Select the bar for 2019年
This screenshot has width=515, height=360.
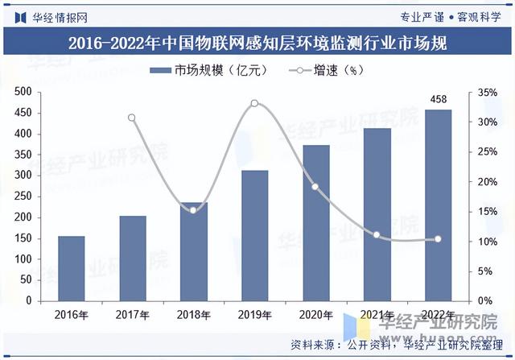pyautogui.click(x=254, y=235)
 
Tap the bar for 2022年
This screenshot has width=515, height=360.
pyautogui.click(x=438, y=205)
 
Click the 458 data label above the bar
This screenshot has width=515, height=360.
pyautogui.click(x=438, y=99)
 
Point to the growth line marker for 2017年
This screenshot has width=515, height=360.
pyautogui.click(x=132, y=118)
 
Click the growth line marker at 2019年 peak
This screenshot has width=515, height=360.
pyautogui.click(x=254, y=103)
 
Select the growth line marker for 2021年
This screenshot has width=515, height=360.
pyautogui.click(x=377, y=234)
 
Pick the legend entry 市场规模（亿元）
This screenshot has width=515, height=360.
pyautogui.click(x=208, y=71)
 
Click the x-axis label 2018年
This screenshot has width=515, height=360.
pyautogui.click(x=193, y=315)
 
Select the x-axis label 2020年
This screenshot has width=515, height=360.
pyautogui.click(x=315, y=315)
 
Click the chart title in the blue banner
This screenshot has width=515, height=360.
pyautogui.click(x=257, y=42)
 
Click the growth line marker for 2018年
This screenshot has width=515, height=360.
pyautogui.click(x=193, y=210)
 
